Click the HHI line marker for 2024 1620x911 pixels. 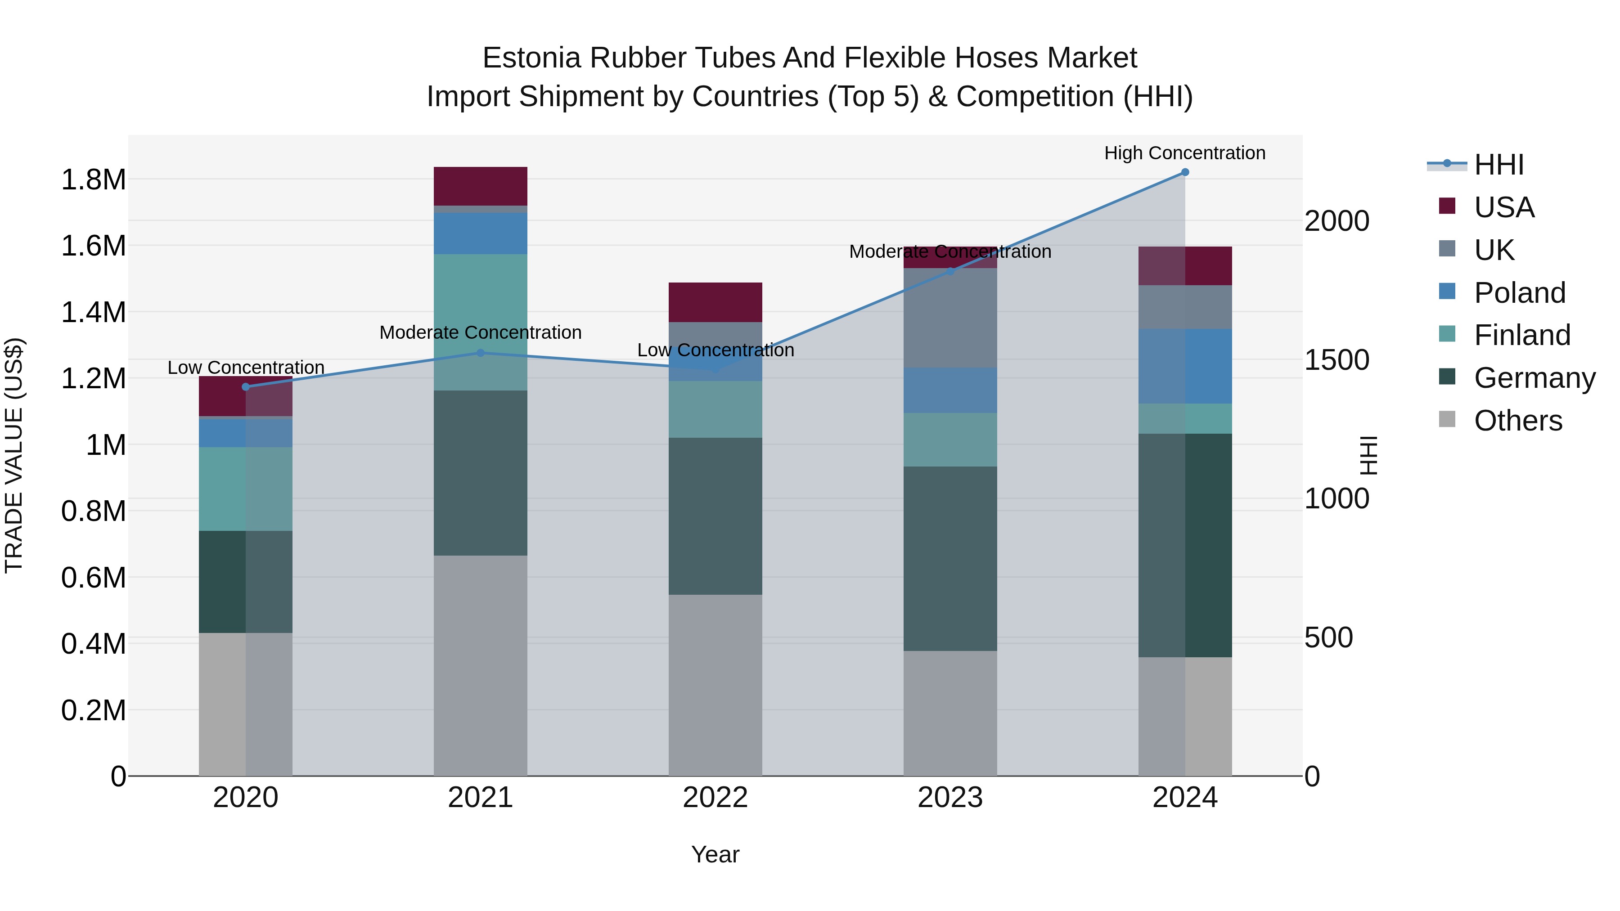click(x=1185, y=172)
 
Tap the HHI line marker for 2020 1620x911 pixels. click(x=246, y=386)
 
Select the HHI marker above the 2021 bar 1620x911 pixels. click(x=481, y=353)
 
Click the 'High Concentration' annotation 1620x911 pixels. click(x=1185, y=153)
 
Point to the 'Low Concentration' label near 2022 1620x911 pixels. click(x=715, y=350)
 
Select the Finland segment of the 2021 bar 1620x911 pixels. click(x=481, y=322)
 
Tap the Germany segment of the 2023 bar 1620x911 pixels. click(x=950, y=558)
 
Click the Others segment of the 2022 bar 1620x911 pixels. click(x=715, y=685)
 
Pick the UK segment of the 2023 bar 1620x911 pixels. click(x=950, y=318)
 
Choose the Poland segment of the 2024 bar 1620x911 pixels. click(x=1185, y=366)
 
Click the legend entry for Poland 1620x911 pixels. click(x=1519, y=293)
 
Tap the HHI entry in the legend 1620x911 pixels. click(x=1498, y=165)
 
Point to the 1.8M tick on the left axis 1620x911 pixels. click(x=93, y=180)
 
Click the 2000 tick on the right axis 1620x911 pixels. click(x=1337, y=221)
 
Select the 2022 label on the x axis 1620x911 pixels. click(x=715, y=798)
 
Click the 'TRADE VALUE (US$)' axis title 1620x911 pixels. click(x=14, y=455)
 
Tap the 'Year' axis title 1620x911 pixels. click(x=715, y=854)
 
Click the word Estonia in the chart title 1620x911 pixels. click(x=531, y=58)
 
